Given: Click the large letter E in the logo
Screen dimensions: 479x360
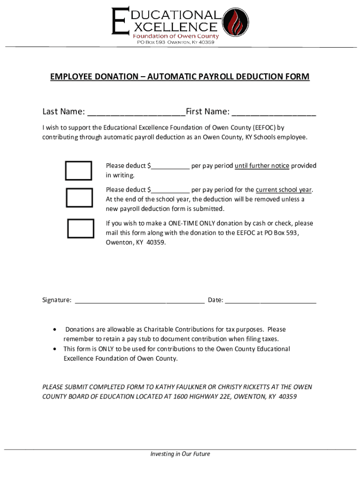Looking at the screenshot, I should [x=120, y=21].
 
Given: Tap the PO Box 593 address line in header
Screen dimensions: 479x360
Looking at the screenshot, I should [x=175, y=43].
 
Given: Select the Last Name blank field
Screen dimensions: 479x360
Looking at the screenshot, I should [x=136, y=112].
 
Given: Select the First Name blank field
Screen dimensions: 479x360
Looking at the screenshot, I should [x=274, y=112].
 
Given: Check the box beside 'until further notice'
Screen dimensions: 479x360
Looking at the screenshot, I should [x=78, y=171].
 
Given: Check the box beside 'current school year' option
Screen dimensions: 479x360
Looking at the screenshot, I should [x=79, y=197].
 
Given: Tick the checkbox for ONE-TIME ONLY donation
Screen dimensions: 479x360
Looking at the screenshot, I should [x=80, y=228].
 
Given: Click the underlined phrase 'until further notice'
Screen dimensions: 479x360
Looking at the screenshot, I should [x=262, y=166].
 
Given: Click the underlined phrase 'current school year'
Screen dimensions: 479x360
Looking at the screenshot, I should [x=283, y=189].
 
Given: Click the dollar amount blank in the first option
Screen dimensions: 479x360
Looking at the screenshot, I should [x=170, y=167].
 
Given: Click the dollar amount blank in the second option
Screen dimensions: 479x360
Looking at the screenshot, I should [x=170, y=190].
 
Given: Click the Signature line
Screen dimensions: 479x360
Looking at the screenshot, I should [x=139, y=300].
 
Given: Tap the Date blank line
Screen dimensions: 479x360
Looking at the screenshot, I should [x=271, y=300].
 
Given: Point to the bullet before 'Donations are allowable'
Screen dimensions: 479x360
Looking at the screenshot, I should [x=55, y=330].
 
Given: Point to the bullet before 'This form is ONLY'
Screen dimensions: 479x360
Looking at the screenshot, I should [x=55, y=349].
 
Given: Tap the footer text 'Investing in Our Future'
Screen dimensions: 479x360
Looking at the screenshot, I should [x=180, y=454].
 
